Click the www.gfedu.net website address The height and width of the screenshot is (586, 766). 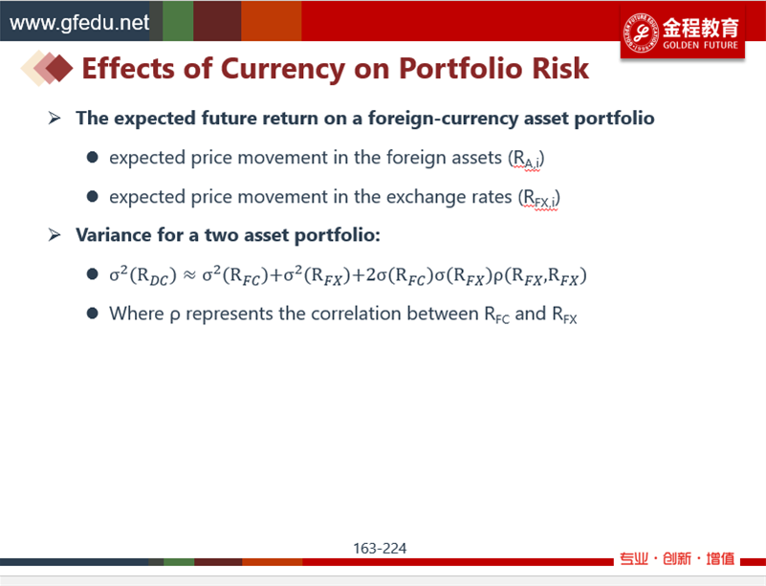tap(79, 22)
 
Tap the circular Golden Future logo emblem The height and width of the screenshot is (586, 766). tap(641, 33)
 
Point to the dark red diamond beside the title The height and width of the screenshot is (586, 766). tap(59, 68)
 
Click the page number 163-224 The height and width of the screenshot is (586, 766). tap(380, 549)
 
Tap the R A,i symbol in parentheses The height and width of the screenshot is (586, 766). tap(527, 159)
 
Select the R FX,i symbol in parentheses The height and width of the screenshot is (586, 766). tap(539, 198)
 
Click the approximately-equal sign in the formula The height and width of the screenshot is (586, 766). tap(189, 276)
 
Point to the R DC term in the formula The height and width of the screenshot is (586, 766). tap(153, 276)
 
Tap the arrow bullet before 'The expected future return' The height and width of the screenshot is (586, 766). tap(55, 118)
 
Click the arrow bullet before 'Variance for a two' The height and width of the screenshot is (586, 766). tap(55, 235)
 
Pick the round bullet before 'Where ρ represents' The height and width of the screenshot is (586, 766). tap(93, 313)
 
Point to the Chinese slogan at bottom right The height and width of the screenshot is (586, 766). tap(677, 558)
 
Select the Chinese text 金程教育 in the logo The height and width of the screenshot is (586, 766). tap(701, 28)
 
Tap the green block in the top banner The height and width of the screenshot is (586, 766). tap(178, 20)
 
